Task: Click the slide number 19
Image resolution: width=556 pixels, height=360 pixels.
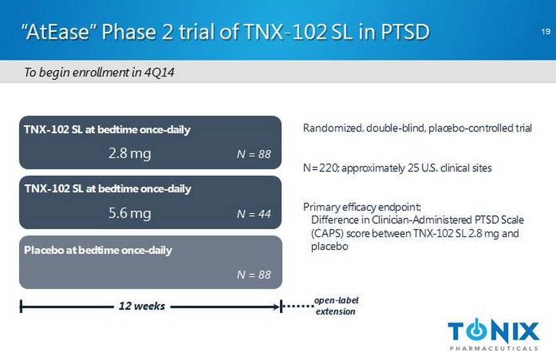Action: (546, 31)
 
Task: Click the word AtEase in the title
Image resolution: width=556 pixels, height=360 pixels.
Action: (58, 31)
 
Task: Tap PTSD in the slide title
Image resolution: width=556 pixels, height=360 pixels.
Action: (405, 31)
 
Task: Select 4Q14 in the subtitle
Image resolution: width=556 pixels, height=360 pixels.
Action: (159, 73)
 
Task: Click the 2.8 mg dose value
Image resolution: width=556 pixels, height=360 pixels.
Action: (130, 153)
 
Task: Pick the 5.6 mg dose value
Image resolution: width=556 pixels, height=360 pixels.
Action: (130, 213)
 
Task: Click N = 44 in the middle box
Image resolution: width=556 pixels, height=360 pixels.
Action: (254, 214)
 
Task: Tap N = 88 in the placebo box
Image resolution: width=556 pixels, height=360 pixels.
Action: (254, 274)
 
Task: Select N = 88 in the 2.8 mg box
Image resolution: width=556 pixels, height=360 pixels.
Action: (254, 154)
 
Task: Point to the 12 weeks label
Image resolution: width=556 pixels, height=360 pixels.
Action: (142, 306)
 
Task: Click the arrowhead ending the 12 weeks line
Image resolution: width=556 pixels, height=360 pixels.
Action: (277, 307)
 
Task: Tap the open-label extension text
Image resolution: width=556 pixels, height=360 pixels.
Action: (336, 306)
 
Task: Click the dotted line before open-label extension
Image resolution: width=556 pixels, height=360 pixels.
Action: (298, 306)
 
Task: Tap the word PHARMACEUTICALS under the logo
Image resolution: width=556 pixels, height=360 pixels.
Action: (494, 348)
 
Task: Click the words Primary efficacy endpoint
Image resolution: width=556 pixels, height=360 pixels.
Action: (362, 207)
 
